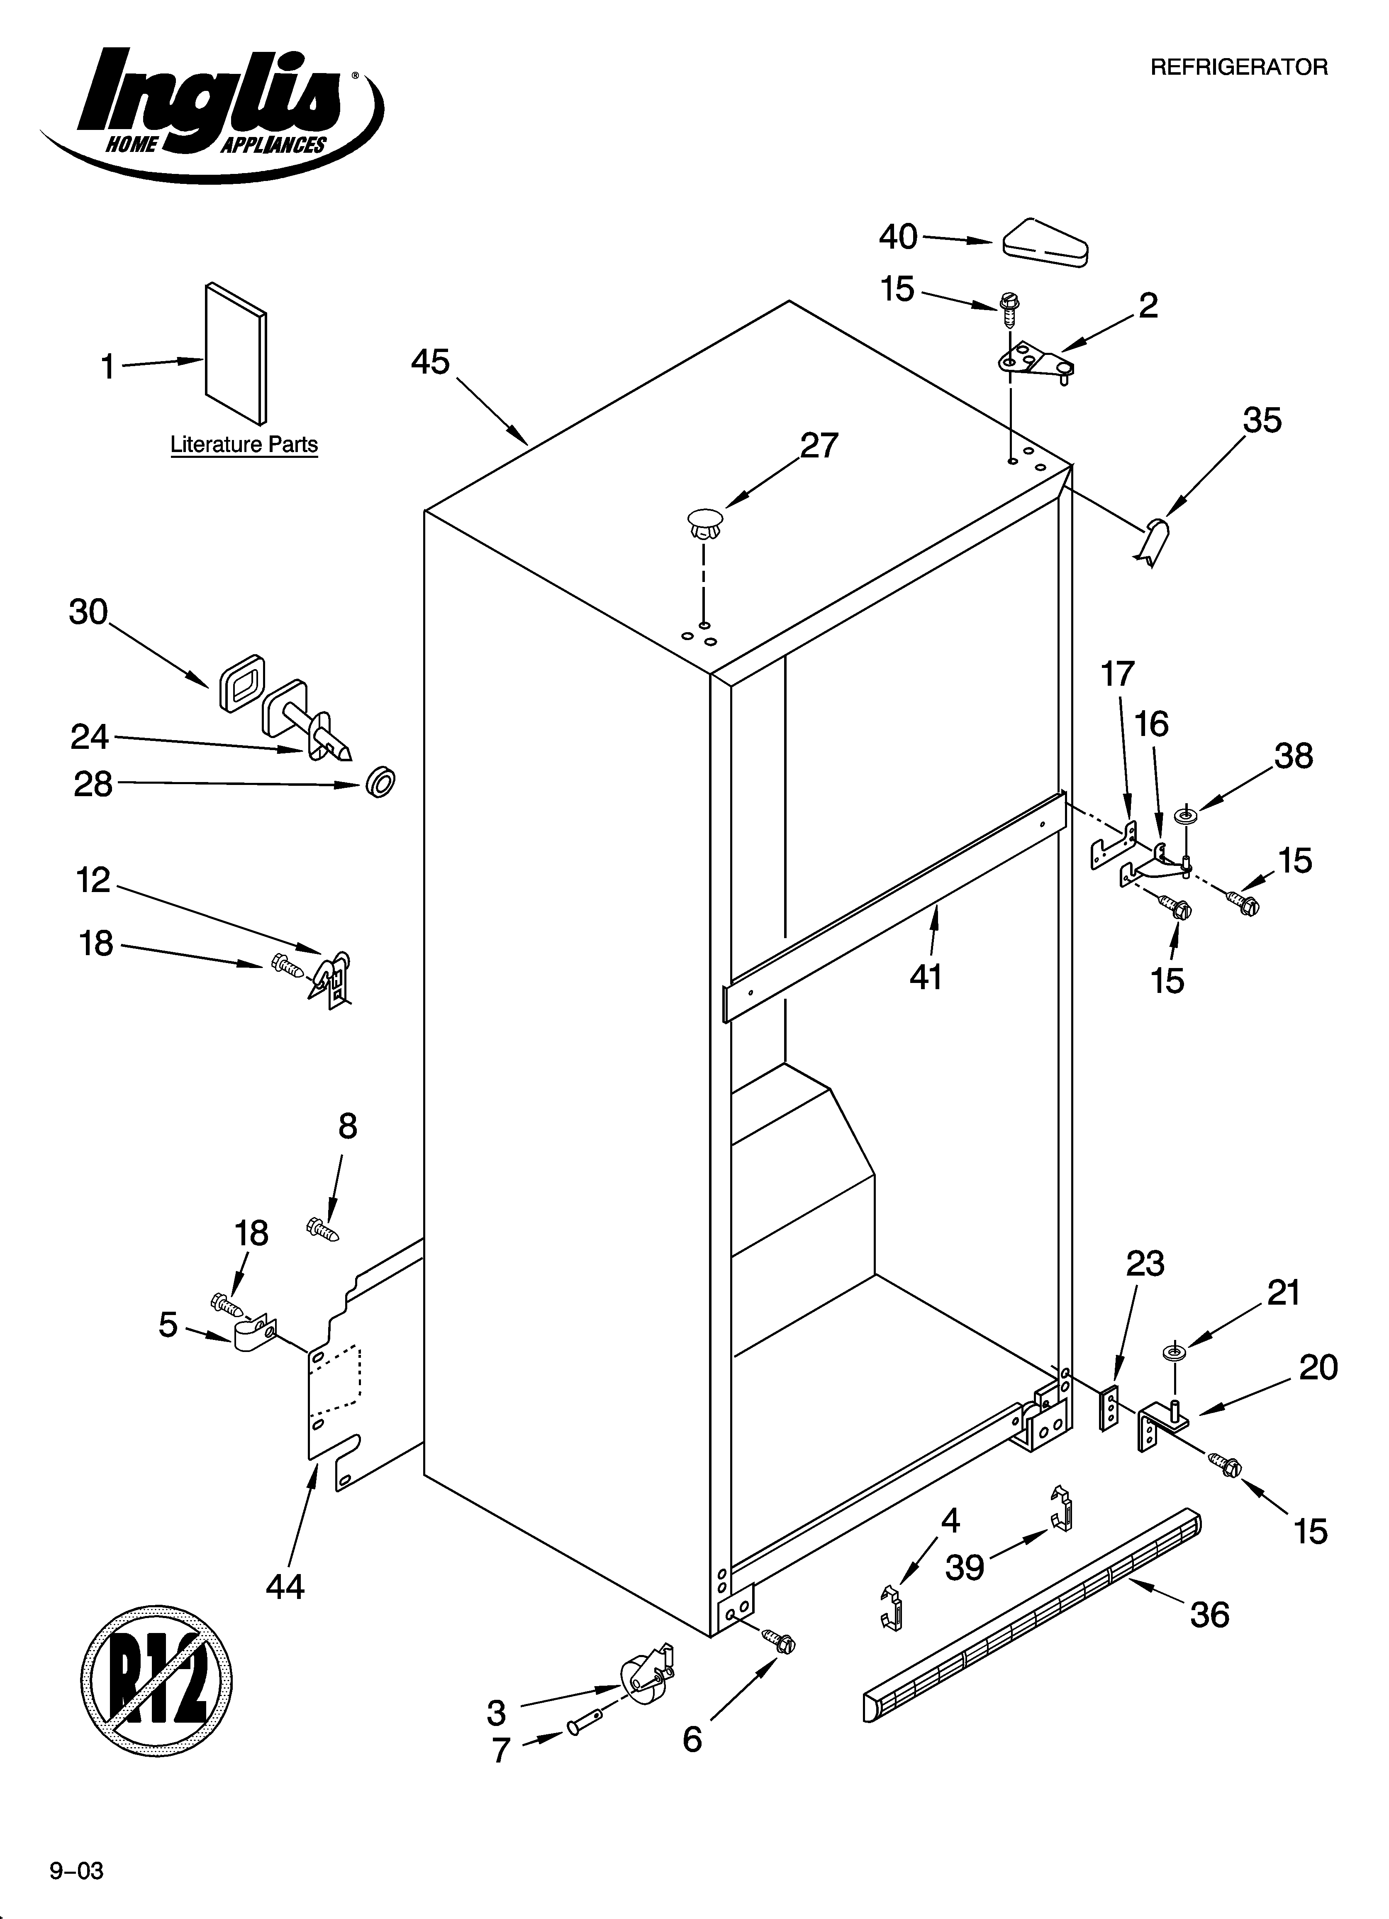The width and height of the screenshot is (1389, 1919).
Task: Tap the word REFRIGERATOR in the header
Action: pos(1238,68)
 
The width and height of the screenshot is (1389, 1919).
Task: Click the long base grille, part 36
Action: pos(1032,1614)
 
